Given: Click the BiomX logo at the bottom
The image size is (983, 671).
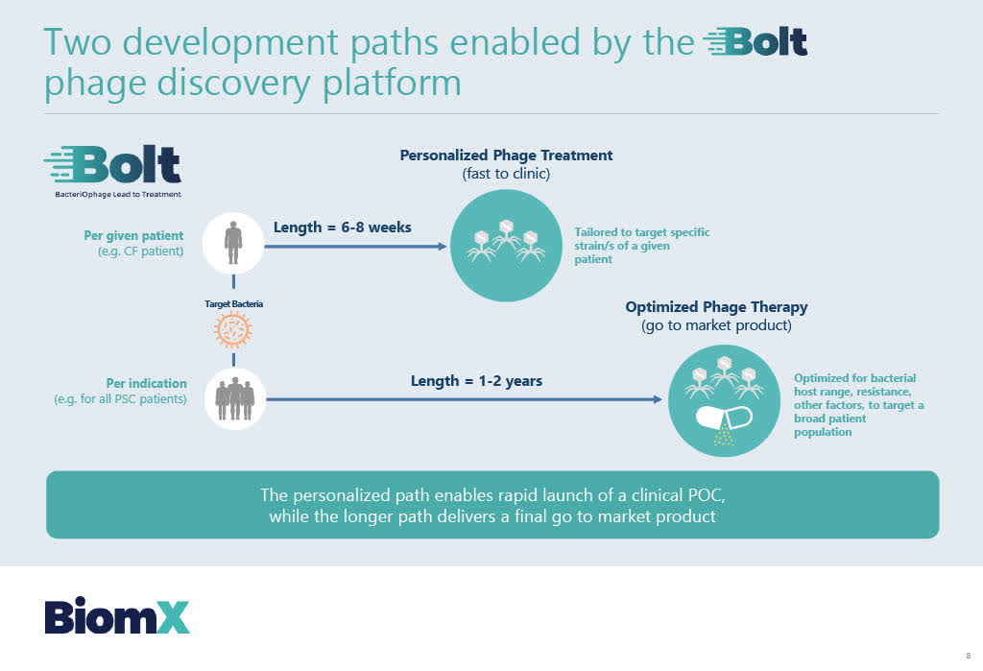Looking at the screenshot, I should click(x=117, y=616).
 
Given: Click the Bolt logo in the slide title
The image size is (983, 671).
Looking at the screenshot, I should click(x=755, y=43).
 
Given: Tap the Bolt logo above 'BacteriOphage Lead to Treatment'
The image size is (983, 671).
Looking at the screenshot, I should click(x=112, y=165).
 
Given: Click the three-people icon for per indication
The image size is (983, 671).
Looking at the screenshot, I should click(x=234, y=397).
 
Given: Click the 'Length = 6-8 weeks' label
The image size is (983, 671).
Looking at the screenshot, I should click(x=342, y=228).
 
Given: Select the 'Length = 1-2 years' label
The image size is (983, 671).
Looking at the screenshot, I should click(x=476, y=381).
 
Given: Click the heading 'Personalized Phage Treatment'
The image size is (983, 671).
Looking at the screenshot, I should click(x=506, y=156).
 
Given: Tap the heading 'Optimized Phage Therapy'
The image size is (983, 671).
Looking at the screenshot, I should click(x=716, y=307).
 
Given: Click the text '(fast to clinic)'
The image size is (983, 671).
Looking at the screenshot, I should click(x=506, y=174).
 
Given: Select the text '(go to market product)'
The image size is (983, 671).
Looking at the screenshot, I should click(x=716, y=325).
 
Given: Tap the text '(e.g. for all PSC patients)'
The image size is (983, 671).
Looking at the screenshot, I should click(x=120, y=398).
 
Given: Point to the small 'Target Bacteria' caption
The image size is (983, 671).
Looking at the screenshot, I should click(x=233, y=303).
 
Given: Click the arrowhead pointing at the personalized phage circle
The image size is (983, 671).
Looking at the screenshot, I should click(x=442, y=247).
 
